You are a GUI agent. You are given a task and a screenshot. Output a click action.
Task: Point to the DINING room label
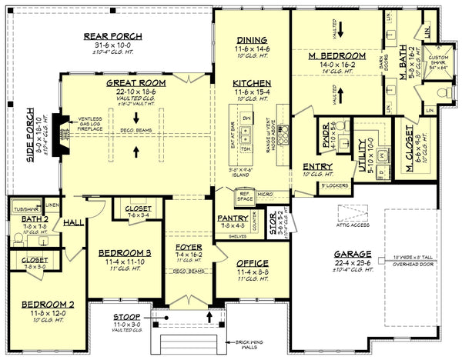point(252,40)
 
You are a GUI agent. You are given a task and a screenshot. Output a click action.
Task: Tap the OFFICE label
point(253,263)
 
